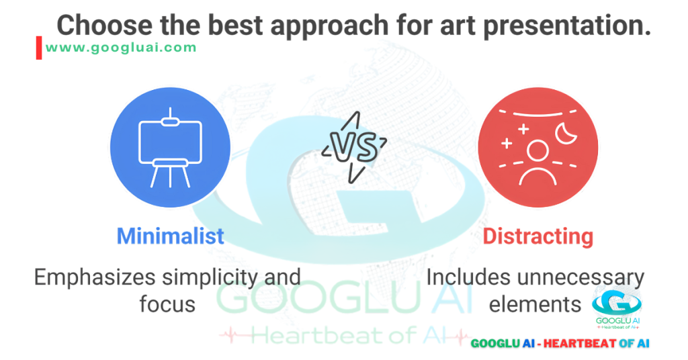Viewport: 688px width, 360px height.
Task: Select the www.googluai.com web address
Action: point(122,48)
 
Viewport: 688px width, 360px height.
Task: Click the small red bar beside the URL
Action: point(39,48)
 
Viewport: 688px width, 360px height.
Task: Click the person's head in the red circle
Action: point(536,150)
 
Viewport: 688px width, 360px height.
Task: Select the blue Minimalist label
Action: point(170,236)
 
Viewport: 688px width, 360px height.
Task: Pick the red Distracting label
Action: point(537,236)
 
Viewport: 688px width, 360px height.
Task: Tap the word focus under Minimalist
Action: point(167,304)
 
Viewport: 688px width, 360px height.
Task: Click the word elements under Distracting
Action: point(535,304)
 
